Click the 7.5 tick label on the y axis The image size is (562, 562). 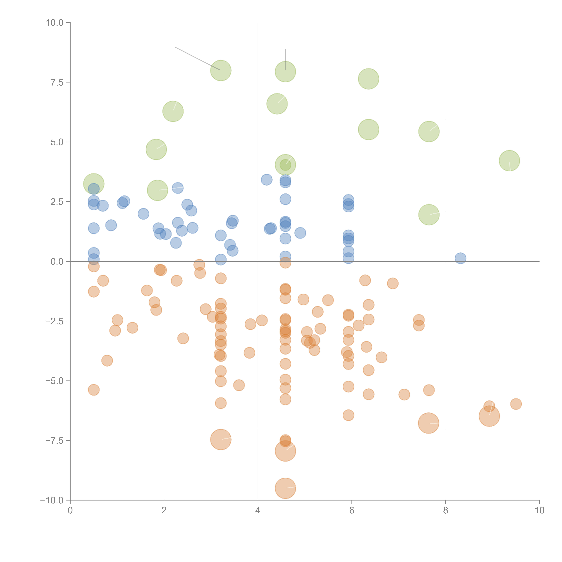click(x=57, y=82)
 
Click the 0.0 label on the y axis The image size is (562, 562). click(x=57, y=262)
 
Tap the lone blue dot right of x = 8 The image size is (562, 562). click(x=460, y=258)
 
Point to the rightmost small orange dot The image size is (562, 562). click(x=516, y=404)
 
